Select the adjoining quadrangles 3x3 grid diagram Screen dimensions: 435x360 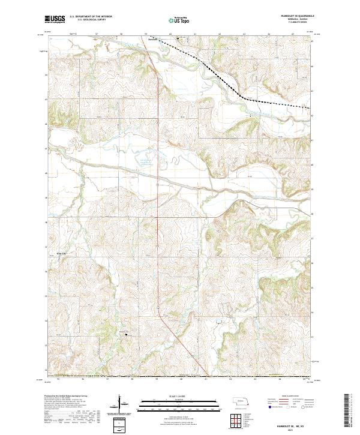238,418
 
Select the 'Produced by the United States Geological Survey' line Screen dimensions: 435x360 63,397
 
